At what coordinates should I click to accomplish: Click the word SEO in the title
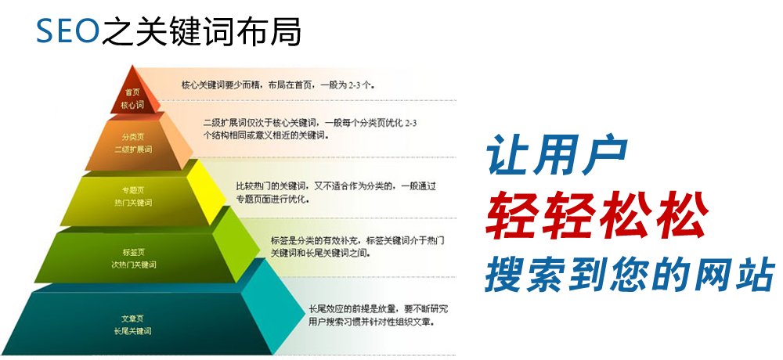tap(67, 31)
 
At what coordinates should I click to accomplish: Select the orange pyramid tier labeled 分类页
tap(134, 142)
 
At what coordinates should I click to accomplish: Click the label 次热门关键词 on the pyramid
tap(133, 265)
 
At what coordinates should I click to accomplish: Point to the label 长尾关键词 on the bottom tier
tap(132, 330)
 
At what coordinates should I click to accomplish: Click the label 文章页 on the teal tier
tap(133, 318)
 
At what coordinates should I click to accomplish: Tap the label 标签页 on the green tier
tap(133, 252)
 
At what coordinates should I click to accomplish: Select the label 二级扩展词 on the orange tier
tap(133, 149)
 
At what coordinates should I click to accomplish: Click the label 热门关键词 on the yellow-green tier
tap(133, 203)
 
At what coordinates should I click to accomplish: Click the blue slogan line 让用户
tap(557, 155)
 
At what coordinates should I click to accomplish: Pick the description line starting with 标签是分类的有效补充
tap(358, 241)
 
